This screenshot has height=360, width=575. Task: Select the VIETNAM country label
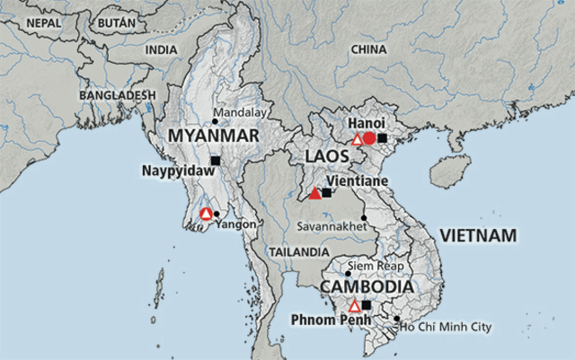tap(478, 235)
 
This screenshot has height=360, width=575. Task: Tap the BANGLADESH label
tap(118, 94)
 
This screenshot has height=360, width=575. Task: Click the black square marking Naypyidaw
tap(215, 161)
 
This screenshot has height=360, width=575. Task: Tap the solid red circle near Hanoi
tap(369, 138)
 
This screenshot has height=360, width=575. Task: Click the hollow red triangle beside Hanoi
tap(357, 139)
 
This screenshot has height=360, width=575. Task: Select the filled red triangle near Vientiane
tap(314, 193)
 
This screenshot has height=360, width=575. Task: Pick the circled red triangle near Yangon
tap(206, 214)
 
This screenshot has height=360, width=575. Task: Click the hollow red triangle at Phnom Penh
tap(354, 306)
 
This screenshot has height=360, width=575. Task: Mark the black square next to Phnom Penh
tap(366, 305)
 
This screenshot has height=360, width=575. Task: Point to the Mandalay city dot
tap(215, 123)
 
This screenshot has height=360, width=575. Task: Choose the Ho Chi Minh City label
tap(447, 328)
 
